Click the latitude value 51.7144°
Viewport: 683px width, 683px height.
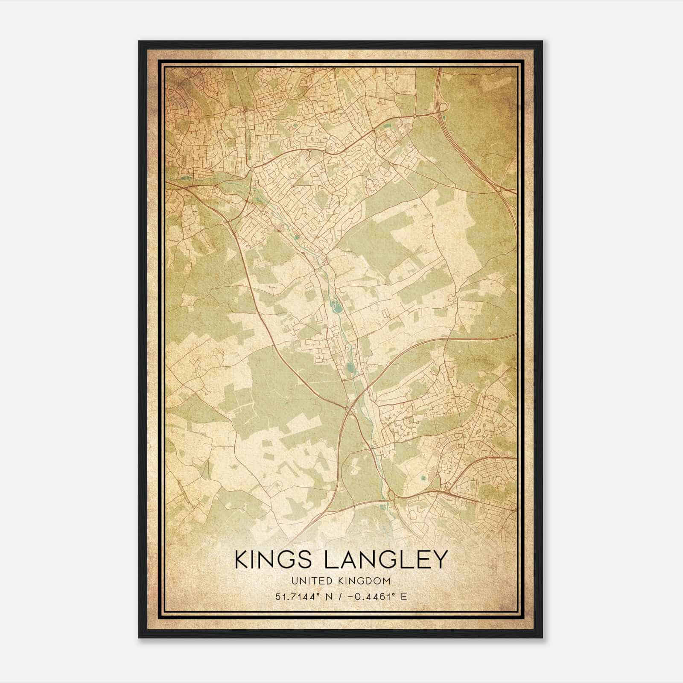[x=303, y=596]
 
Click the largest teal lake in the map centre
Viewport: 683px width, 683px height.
[x=335, y=306]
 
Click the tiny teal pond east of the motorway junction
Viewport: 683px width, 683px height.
[x=446, y=115]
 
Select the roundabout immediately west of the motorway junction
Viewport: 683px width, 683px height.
[x=414, y=116]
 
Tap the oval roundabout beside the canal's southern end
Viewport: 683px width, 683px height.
[x=391, y=495]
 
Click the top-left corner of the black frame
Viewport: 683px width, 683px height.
[x=139, y=41]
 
